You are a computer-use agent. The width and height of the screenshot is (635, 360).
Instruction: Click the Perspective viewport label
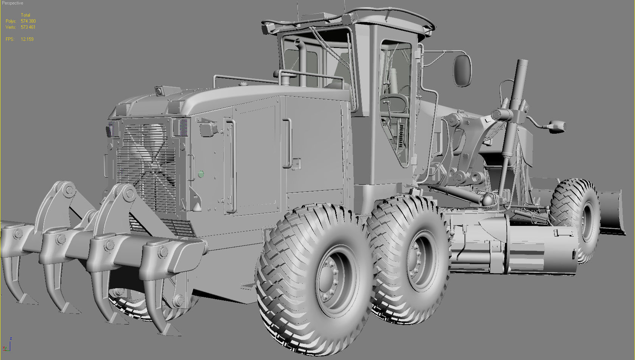[12, 3]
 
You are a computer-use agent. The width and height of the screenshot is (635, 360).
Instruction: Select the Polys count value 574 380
[28, 21]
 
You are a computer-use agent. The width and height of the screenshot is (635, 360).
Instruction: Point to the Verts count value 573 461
[28, 27]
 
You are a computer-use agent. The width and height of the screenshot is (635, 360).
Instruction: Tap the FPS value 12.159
[27, 39]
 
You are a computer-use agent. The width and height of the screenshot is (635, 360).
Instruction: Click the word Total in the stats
[25, 15]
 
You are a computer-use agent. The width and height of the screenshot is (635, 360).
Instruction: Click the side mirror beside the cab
[462, 70]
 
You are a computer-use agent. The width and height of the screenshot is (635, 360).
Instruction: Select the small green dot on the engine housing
[201, 174]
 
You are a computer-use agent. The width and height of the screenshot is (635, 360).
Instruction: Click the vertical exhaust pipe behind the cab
[302, 62]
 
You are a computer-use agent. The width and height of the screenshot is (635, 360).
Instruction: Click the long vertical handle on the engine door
[231, 166]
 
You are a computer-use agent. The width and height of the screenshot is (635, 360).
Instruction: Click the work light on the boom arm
[556, 126]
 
